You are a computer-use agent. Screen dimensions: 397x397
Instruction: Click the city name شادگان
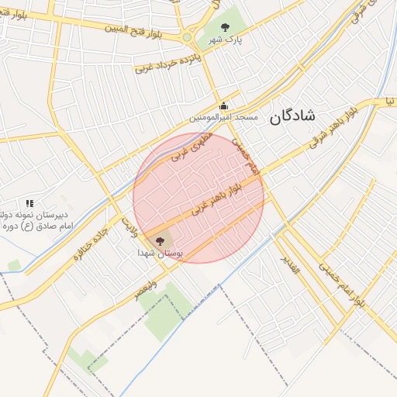point(292,117)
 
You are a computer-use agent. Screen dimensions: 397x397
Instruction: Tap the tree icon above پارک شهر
point(225,28)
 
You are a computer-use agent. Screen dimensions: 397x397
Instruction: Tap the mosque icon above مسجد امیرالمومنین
point(224,106)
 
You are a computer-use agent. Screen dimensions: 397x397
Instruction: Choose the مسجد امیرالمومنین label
point(224,118)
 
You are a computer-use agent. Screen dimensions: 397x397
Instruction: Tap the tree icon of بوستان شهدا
point(161,242)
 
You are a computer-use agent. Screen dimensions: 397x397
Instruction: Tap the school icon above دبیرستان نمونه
point(29,203)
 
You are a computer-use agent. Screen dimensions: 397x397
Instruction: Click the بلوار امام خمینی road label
point(345,281)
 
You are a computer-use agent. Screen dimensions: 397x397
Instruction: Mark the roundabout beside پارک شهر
point(187,36)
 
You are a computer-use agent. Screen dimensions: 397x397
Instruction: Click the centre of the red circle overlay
point(198,198)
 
